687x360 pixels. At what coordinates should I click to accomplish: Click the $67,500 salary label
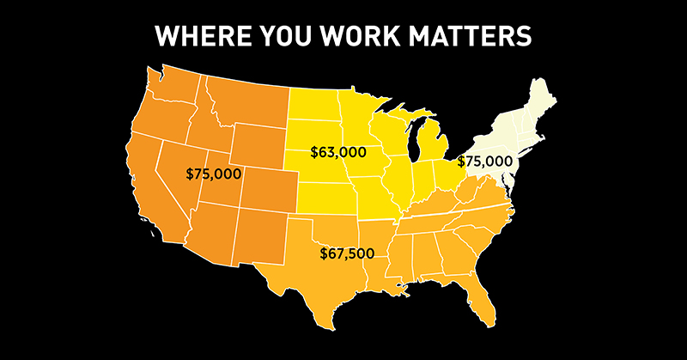349,253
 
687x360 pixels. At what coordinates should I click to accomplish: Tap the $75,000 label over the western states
214,174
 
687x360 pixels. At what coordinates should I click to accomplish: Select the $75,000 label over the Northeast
484,161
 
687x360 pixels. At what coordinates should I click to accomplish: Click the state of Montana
245,99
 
